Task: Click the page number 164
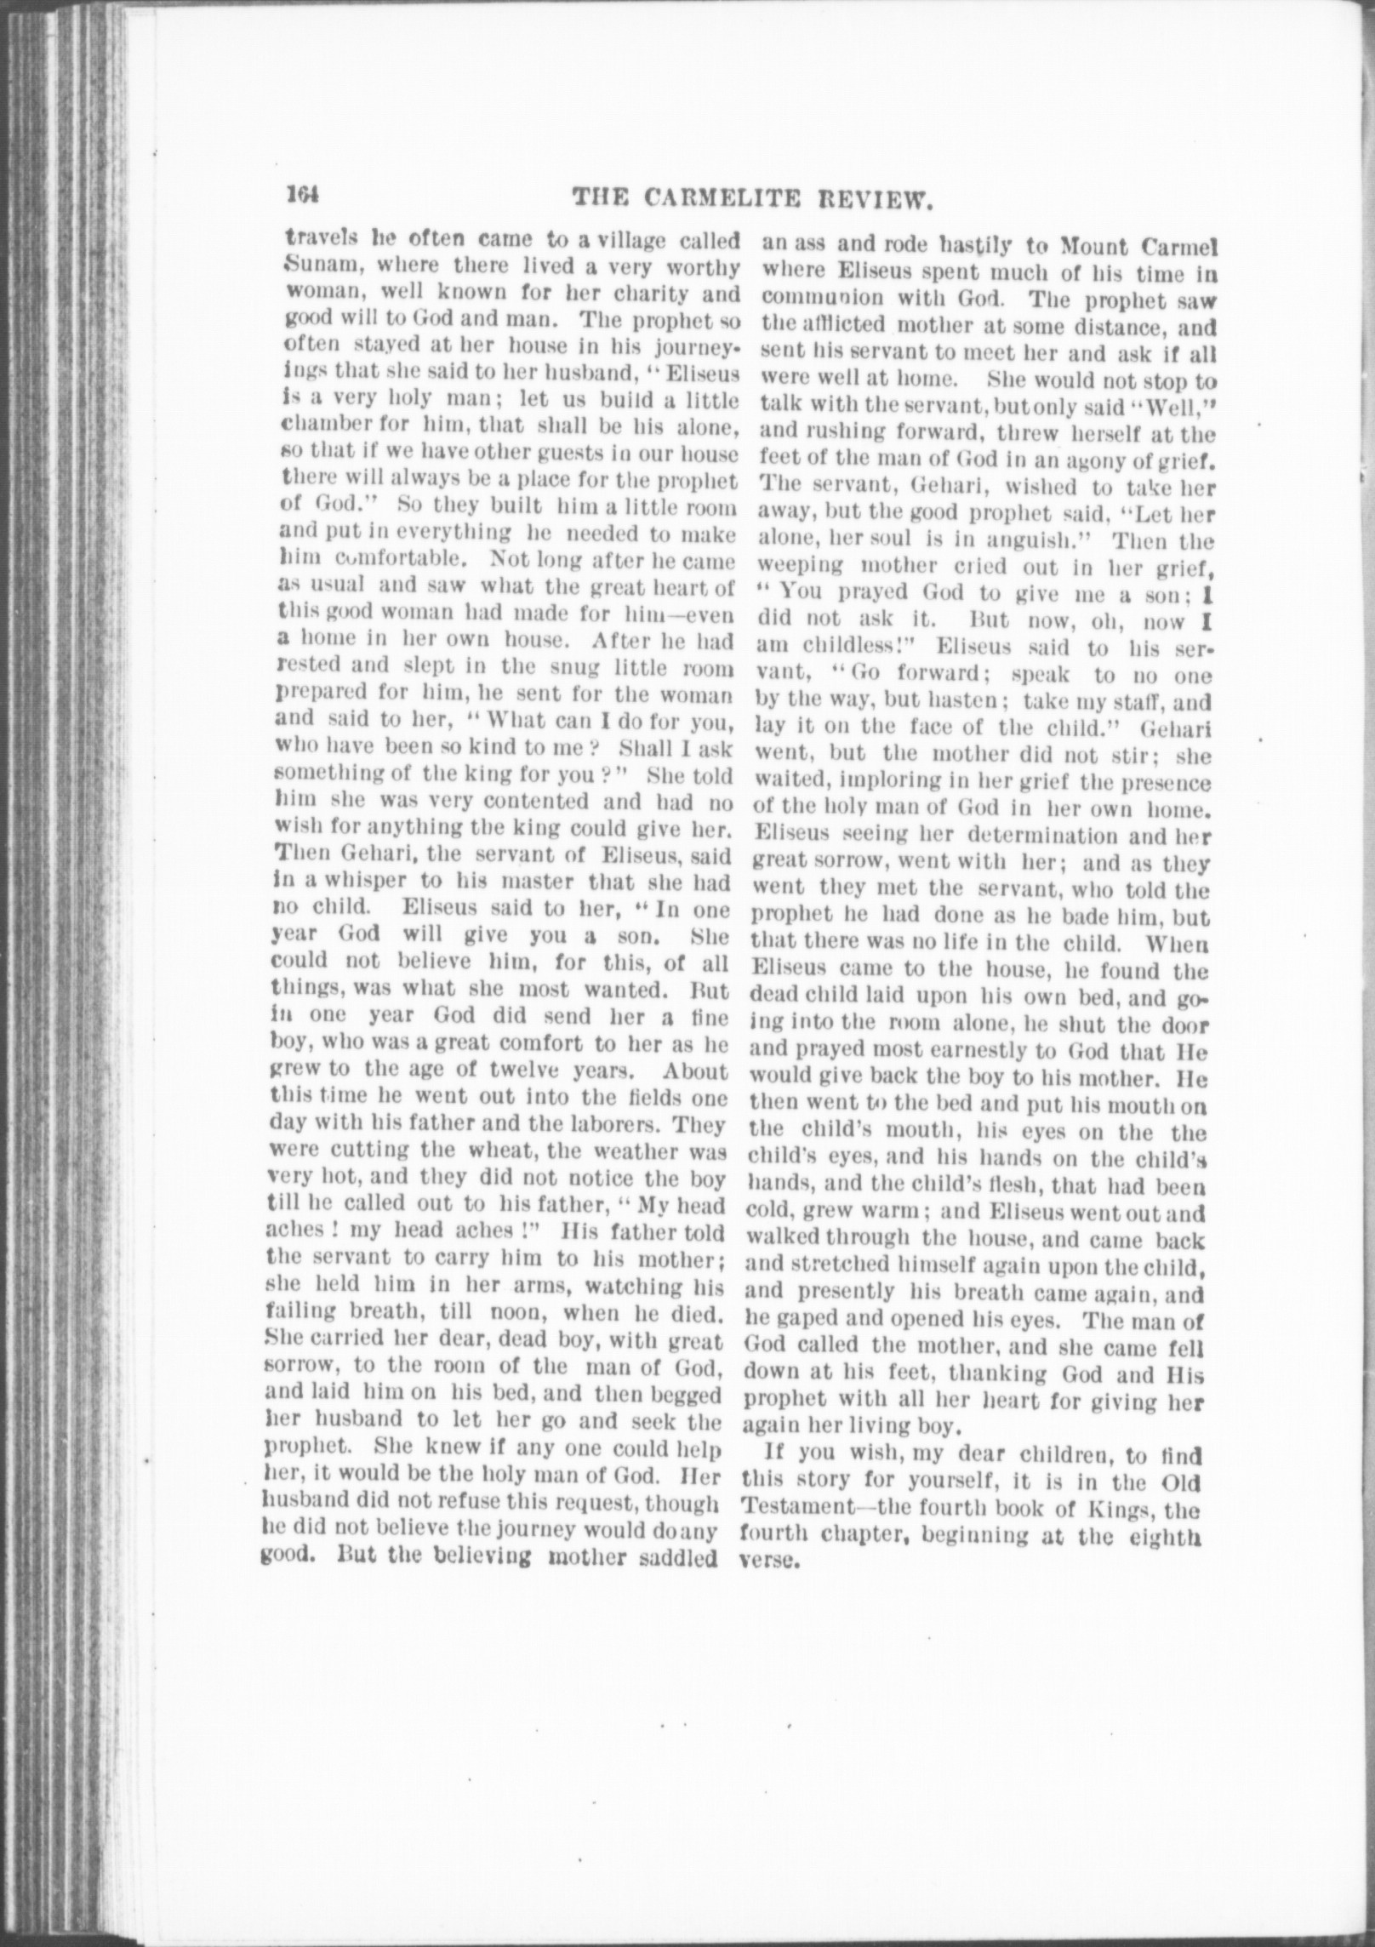click(302, 197)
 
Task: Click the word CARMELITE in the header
click(717, 199)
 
